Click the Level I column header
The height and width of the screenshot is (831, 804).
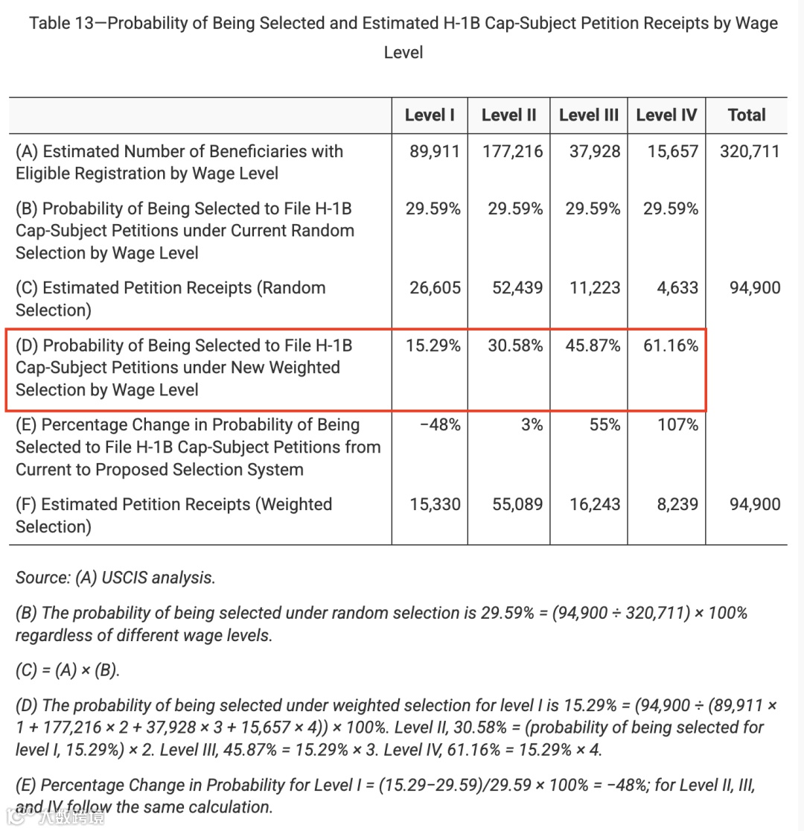(430, 115)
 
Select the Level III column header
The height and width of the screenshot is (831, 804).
(588, 115)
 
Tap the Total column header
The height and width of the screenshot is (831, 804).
(746, 115)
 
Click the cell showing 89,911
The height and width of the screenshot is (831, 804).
(435, 151)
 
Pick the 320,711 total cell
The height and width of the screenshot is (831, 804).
(750, 151)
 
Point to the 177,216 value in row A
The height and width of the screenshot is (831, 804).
(512, 151)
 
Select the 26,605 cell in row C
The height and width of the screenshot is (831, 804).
(435, 287)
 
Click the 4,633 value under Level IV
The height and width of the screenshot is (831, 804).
(677, 287)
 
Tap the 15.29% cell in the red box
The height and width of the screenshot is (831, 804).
(433, 346)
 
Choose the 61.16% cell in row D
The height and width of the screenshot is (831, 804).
(671, 346)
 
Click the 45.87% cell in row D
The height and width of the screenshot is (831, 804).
(593, 346)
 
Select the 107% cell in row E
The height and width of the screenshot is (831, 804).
(677, 424)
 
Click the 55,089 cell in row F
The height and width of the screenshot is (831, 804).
(517, 504)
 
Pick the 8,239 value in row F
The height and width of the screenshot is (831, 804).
(677, 504)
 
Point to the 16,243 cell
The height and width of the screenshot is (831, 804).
(595, 504)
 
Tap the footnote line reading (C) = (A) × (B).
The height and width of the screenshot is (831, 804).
(67, 669)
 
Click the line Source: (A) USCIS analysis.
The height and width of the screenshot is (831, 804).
(115, 577)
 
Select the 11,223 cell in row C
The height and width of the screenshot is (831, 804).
(595, 287)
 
